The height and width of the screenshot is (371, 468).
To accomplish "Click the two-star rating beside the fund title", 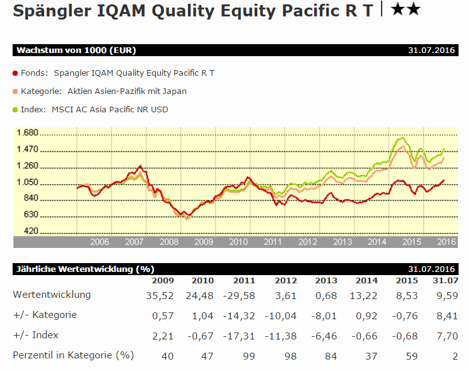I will tap(406, 9).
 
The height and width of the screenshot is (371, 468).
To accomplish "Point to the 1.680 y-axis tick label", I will tap(28, 133).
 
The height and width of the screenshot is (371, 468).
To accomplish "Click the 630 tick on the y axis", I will tap(31, 215).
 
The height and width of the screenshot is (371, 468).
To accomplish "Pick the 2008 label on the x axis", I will tap(169, 242).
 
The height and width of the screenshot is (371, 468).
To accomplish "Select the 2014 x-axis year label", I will tap(377, 242).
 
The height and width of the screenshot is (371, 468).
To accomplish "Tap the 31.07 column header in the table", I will tap(445, 281).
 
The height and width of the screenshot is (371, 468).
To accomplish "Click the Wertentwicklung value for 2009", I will tap(161, 295).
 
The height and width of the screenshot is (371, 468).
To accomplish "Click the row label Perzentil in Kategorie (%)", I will tap(73, 355).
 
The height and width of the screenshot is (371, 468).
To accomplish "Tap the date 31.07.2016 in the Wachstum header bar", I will tap(431, 50).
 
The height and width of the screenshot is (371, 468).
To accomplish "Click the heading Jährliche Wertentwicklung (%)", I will tap(84, 269).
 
